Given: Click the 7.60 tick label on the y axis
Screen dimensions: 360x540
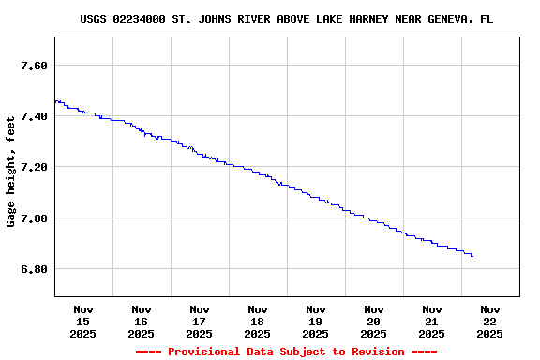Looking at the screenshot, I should pos(34,66).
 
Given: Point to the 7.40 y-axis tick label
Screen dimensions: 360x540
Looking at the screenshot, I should pos(34,116).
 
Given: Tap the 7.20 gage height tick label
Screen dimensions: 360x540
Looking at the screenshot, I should pos(34,167).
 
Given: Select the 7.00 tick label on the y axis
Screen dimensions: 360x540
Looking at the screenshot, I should pos(34,218).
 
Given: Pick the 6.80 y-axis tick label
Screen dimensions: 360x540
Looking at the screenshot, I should pos(34,269).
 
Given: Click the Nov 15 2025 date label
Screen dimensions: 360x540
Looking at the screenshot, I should pos(83,321).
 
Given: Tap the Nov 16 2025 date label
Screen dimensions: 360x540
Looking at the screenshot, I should pos(142,321).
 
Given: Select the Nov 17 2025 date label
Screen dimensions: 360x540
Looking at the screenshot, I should pos(200,321).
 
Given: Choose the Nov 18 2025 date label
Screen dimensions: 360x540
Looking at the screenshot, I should pos(258,321).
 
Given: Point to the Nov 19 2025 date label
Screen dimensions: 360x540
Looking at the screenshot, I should pos(316,321).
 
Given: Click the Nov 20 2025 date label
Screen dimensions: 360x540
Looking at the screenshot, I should pos(374,321).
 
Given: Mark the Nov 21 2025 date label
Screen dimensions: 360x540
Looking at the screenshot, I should pos(432,321).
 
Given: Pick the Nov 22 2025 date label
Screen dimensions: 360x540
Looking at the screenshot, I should pos(490,321).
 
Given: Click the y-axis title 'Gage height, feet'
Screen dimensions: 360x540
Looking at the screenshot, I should pos(11,172).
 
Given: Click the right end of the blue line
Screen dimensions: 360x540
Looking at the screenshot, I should pos(472,256).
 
